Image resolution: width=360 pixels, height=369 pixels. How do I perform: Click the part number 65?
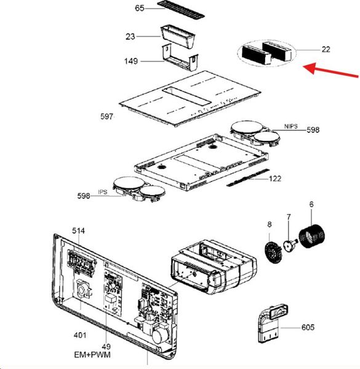click(140, 8)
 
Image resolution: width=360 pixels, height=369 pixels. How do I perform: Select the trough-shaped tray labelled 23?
click(178, 36)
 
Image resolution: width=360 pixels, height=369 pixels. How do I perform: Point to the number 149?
click(131, 61)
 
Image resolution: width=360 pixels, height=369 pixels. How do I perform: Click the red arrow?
click(330, 70)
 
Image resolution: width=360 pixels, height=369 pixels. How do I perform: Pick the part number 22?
click(326, 49)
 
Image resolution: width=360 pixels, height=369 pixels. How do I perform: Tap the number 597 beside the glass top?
click(106, 116)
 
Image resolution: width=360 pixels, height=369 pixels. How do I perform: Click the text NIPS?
click(291, 126)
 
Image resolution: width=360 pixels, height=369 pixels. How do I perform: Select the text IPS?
click(103, 192)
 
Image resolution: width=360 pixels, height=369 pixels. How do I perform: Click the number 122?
click(275, 179)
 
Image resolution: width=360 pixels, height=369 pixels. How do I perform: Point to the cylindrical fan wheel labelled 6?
click(311, 236)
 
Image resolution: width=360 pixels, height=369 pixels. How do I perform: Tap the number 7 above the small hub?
click(289, 216)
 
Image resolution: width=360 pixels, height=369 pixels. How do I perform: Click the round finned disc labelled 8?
click(274, 253)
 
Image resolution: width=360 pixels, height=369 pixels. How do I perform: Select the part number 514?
click(78, 231)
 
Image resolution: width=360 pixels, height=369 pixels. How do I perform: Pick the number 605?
click(308, 327)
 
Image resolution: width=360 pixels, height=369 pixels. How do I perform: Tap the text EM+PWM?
click(92, 354)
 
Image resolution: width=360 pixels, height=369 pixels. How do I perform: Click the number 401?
click(80, 335)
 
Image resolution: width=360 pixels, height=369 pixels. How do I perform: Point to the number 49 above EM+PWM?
click(106, 346)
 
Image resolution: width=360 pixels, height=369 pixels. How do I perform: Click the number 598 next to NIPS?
click(313, 130)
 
